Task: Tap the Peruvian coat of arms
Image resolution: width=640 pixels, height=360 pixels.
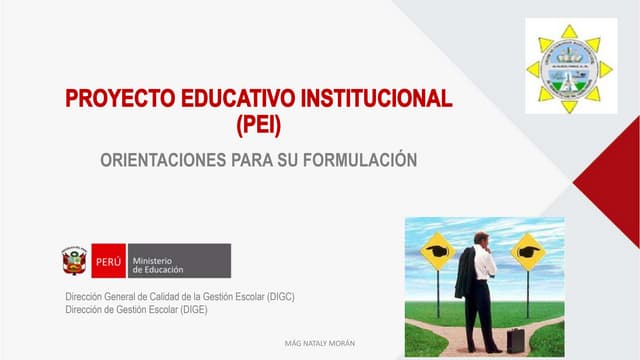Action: [74, 262]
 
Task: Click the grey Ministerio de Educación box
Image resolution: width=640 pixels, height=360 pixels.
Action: [177, 262]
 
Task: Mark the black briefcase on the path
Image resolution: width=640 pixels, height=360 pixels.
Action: [516, 340]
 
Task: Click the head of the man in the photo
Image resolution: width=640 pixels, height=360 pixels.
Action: [481, 239]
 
